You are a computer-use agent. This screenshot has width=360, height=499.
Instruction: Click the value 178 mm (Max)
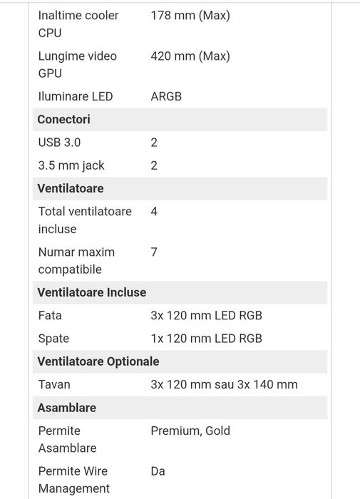click(190, 15)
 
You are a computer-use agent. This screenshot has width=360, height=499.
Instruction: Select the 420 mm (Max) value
click(190, 56)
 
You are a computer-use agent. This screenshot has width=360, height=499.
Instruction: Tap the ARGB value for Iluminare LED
click(166, 96)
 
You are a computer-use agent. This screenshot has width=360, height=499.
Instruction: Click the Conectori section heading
click(63, 119)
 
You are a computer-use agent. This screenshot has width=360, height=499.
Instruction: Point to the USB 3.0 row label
click(59, 143)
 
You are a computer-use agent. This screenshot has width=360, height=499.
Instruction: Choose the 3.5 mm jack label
click(71, 165)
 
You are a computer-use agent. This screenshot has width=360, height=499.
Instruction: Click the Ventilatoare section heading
click(70, 188)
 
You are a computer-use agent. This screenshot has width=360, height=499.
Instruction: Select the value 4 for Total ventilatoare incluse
click(154, 212)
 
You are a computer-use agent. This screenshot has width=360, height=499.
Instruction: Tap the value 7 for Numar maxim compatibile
click(154, 252)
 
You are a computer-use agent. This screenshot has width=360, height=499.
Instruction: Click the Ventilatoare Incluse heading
click(91, 292)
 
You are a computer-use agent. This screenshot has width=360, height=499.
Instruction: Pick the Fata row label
click(50, 315)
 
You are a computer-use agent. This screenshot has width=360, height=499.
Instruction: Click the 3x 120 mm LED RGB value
click(206, 315)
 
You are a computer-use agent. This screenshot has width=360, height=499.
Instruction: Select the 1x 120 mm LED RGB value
click(206, 338)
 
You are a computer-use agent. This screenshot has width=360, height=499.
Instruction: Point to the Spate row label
click(53, 338)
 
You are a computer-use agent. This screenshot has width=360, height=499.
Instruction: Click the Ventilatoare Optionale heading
click(98, 361)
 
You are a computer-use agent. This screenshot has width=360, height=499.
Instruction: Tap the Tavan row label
click(54, 384)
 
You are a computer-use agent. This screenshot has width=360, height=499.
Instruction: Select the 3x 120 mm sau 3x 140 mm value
click(224, 384)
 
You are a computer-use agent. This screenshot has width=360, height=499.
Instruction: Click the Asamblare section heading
click(66, 408)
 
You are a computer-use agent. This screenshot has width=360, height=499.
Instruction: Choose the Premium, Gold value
click(190, 431)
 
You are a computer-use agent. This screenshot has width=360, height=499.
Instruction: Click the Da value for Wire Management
click(158, 471)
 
